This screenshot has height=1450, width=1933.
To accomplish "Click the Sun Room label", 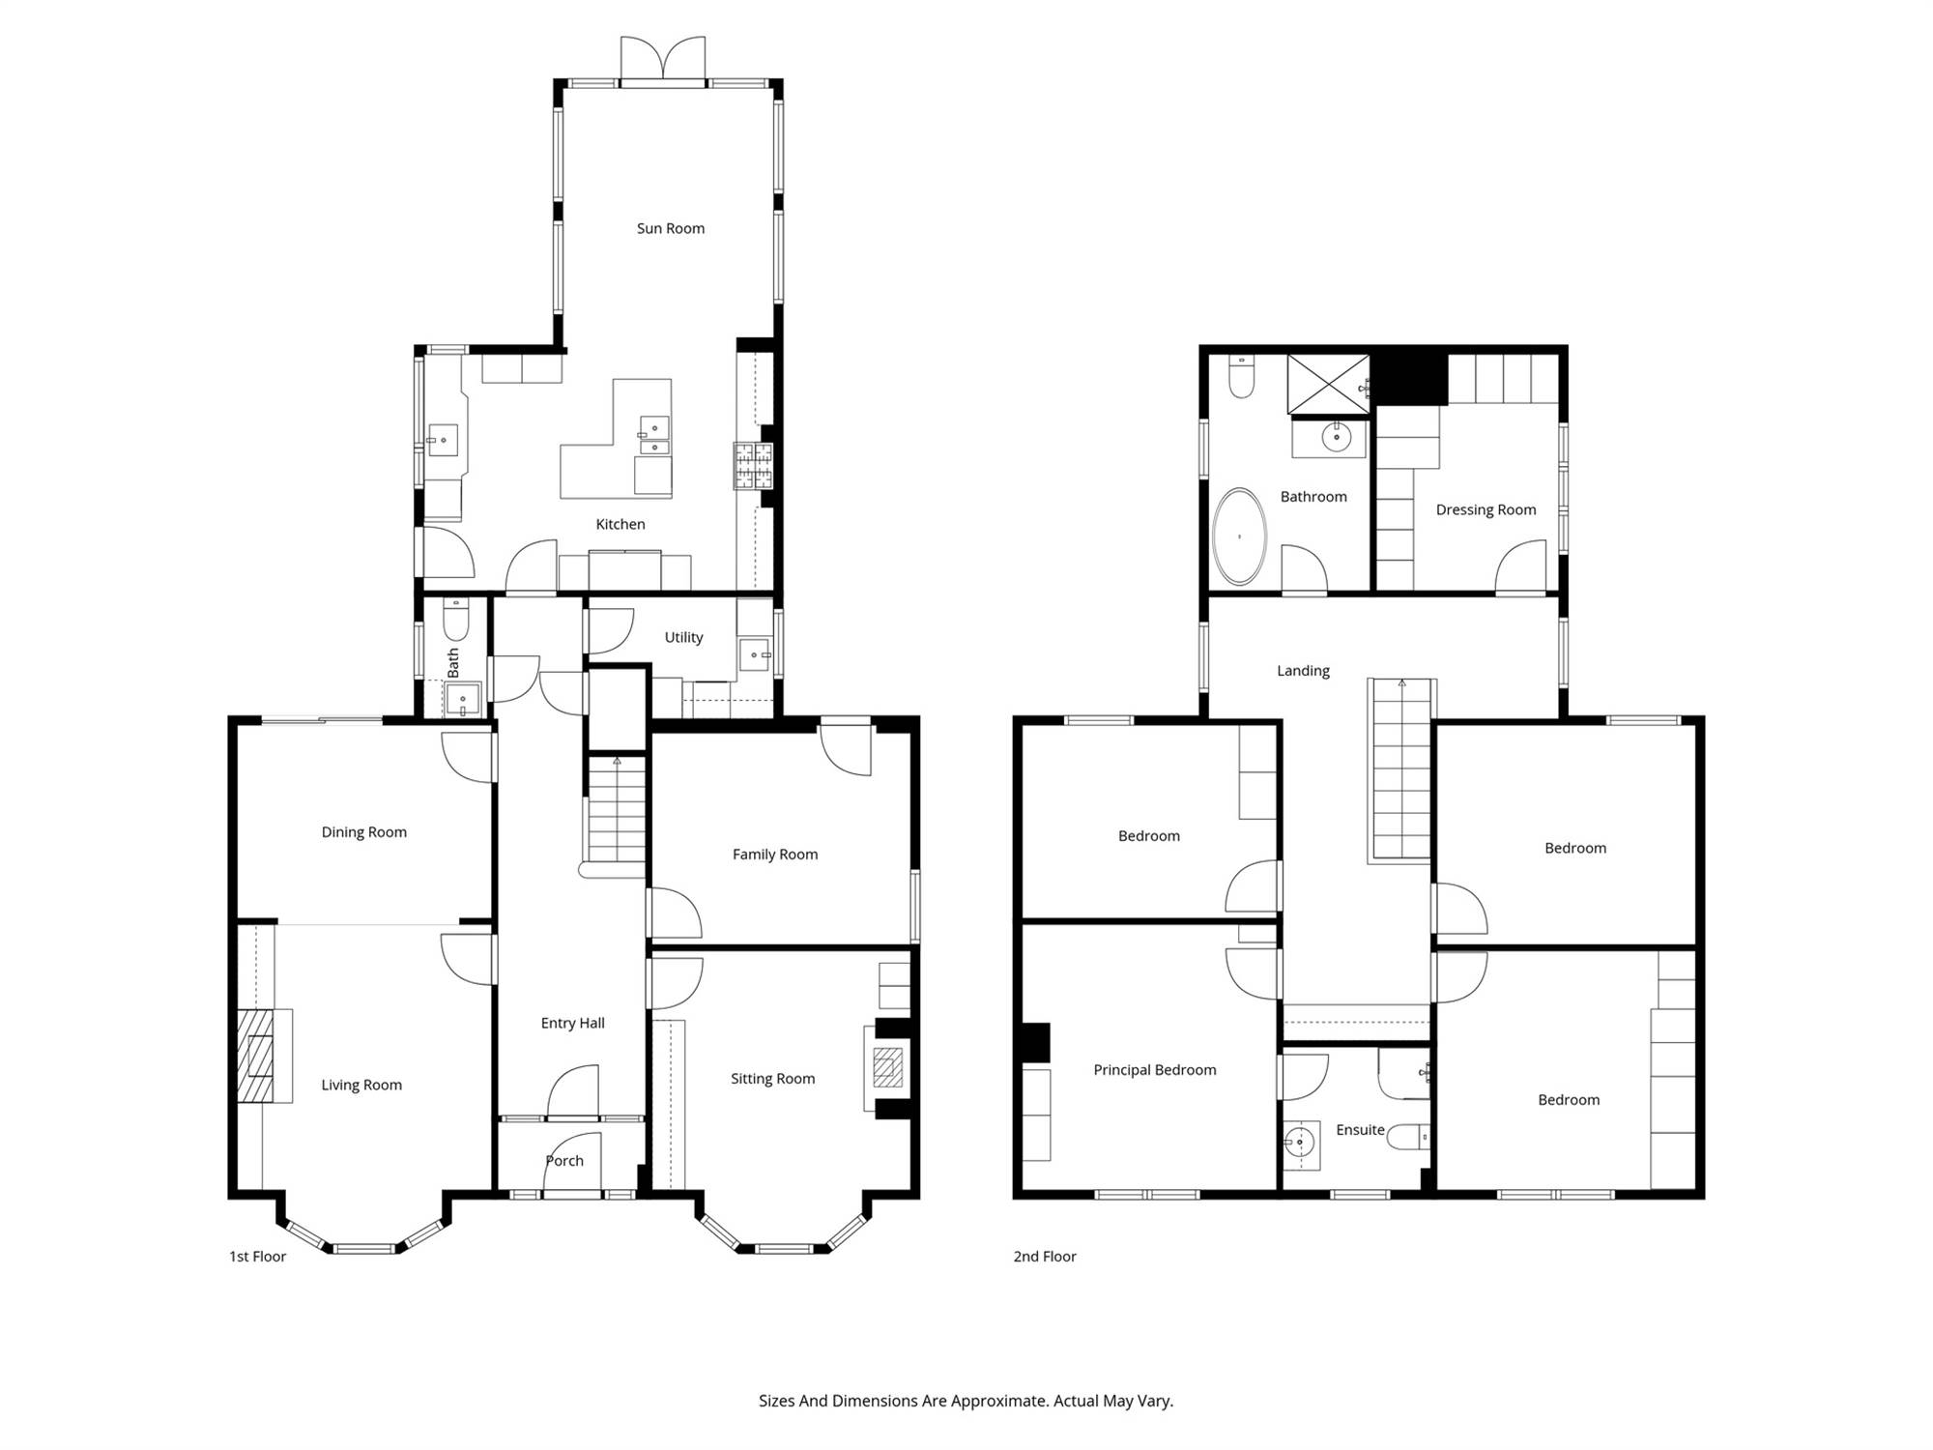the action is (x=671, y=228).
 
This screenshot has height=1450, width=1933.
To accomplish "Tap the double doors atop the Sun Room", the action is (x=662, y=60).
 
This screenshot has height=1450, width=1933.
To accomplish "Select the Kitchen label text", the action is (x=620, y=524).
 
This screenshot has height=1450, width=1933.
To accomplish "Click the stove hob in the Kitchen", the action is (x=753, y=466).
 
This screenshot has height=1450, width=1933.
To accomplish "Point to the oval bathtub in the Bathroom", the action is (x=1239, y=536).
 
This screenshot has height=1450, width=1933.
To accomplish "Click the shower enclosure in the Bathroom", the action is (x=1329, y=384).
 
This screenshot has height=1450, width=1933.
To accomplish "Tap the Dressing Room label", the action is (x=1486, y=510).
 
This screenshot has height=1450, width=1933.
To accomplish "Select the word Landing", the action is (x=1303, y=671).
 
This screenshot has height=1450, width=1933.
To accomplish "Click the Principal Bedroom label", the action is (x=1155, y=1070).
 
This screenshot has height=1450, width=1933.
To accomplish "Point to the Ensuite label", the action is (x=1360, y=1130).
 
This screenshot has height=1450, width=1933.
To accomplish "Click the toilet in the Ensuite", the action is (x=1408, y=1138).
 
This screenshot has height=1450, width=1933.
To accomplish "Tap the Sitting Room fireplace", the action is (x=886, y=1068).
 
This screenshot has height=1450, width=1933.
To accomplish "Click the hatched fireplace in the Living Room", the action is (x=256, y=1056).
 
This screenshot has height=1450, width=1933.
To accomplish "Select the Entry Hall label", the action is (x=573, y=1023).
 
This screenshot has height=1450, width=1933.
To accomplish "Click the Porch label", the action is (x=564, y=1161).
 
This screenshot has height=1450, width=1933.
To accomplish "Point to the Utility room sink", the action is (x=755, y=655).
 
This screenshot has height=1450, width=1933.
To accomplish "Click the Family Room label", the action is (x=775, y=855).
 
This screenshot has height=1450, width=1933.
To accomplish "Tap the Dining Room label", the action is (x=364, y=832).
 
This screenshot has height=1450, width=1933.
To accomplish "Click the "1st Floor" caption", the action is (x=258, y=1257).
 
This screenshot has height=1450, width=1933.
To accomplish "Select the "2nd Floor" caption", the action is (x=1045, y=1257).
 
